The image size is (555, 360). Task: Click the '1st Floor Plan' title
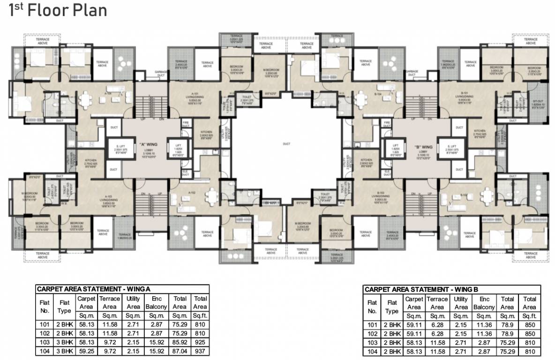click(58, 10)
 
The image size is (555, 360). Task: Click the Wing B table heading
click(421, 290)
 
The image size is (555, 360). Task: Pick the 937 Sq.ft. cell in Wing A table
click(201, 350)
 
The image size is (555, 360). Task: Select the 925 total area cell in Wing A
click(201, 341)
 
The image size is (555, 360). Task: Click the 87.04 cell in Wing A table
click(180, 350)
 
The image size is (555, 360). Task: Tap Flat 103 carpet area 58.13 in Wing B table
click(414, 342)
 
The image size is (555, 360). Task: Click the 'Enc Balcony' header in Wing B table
click(484, 303)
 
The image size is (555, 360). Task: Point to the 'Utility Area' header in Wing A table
click(133, 302)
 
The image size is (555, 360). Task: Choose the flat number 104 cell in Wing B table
click(372, 351)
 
